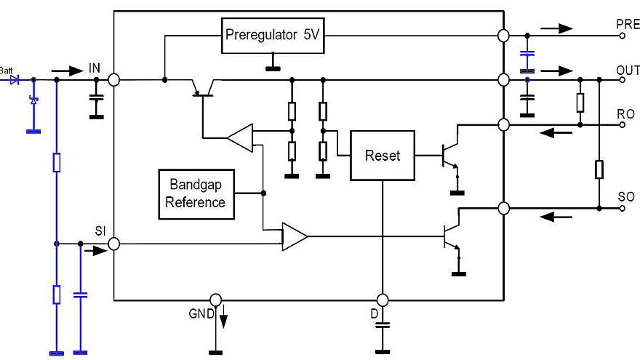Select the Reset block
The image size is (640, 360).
coord(382,156)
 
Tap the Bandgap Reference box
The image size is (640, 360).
coord(196,193)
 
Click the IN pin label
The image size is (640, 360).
coord(95,68)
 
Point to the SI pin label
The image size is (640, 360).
coord(100,231)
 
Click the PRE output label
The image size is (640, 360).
coord(627,24)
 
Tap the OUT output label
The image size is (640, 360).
coord(627,71)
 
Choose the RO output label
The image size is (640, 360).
coord(625,114)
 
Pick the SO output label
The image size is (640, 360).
coord(625,197)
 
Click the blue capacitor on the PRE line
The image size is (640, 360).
coord(529,55)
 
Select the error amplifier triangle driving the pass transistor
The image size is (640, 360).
coord(239,136)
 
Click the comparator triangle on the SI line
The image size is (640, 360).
coord(294,236)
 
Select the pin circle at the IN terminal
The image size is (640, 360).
coord(114,79)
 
